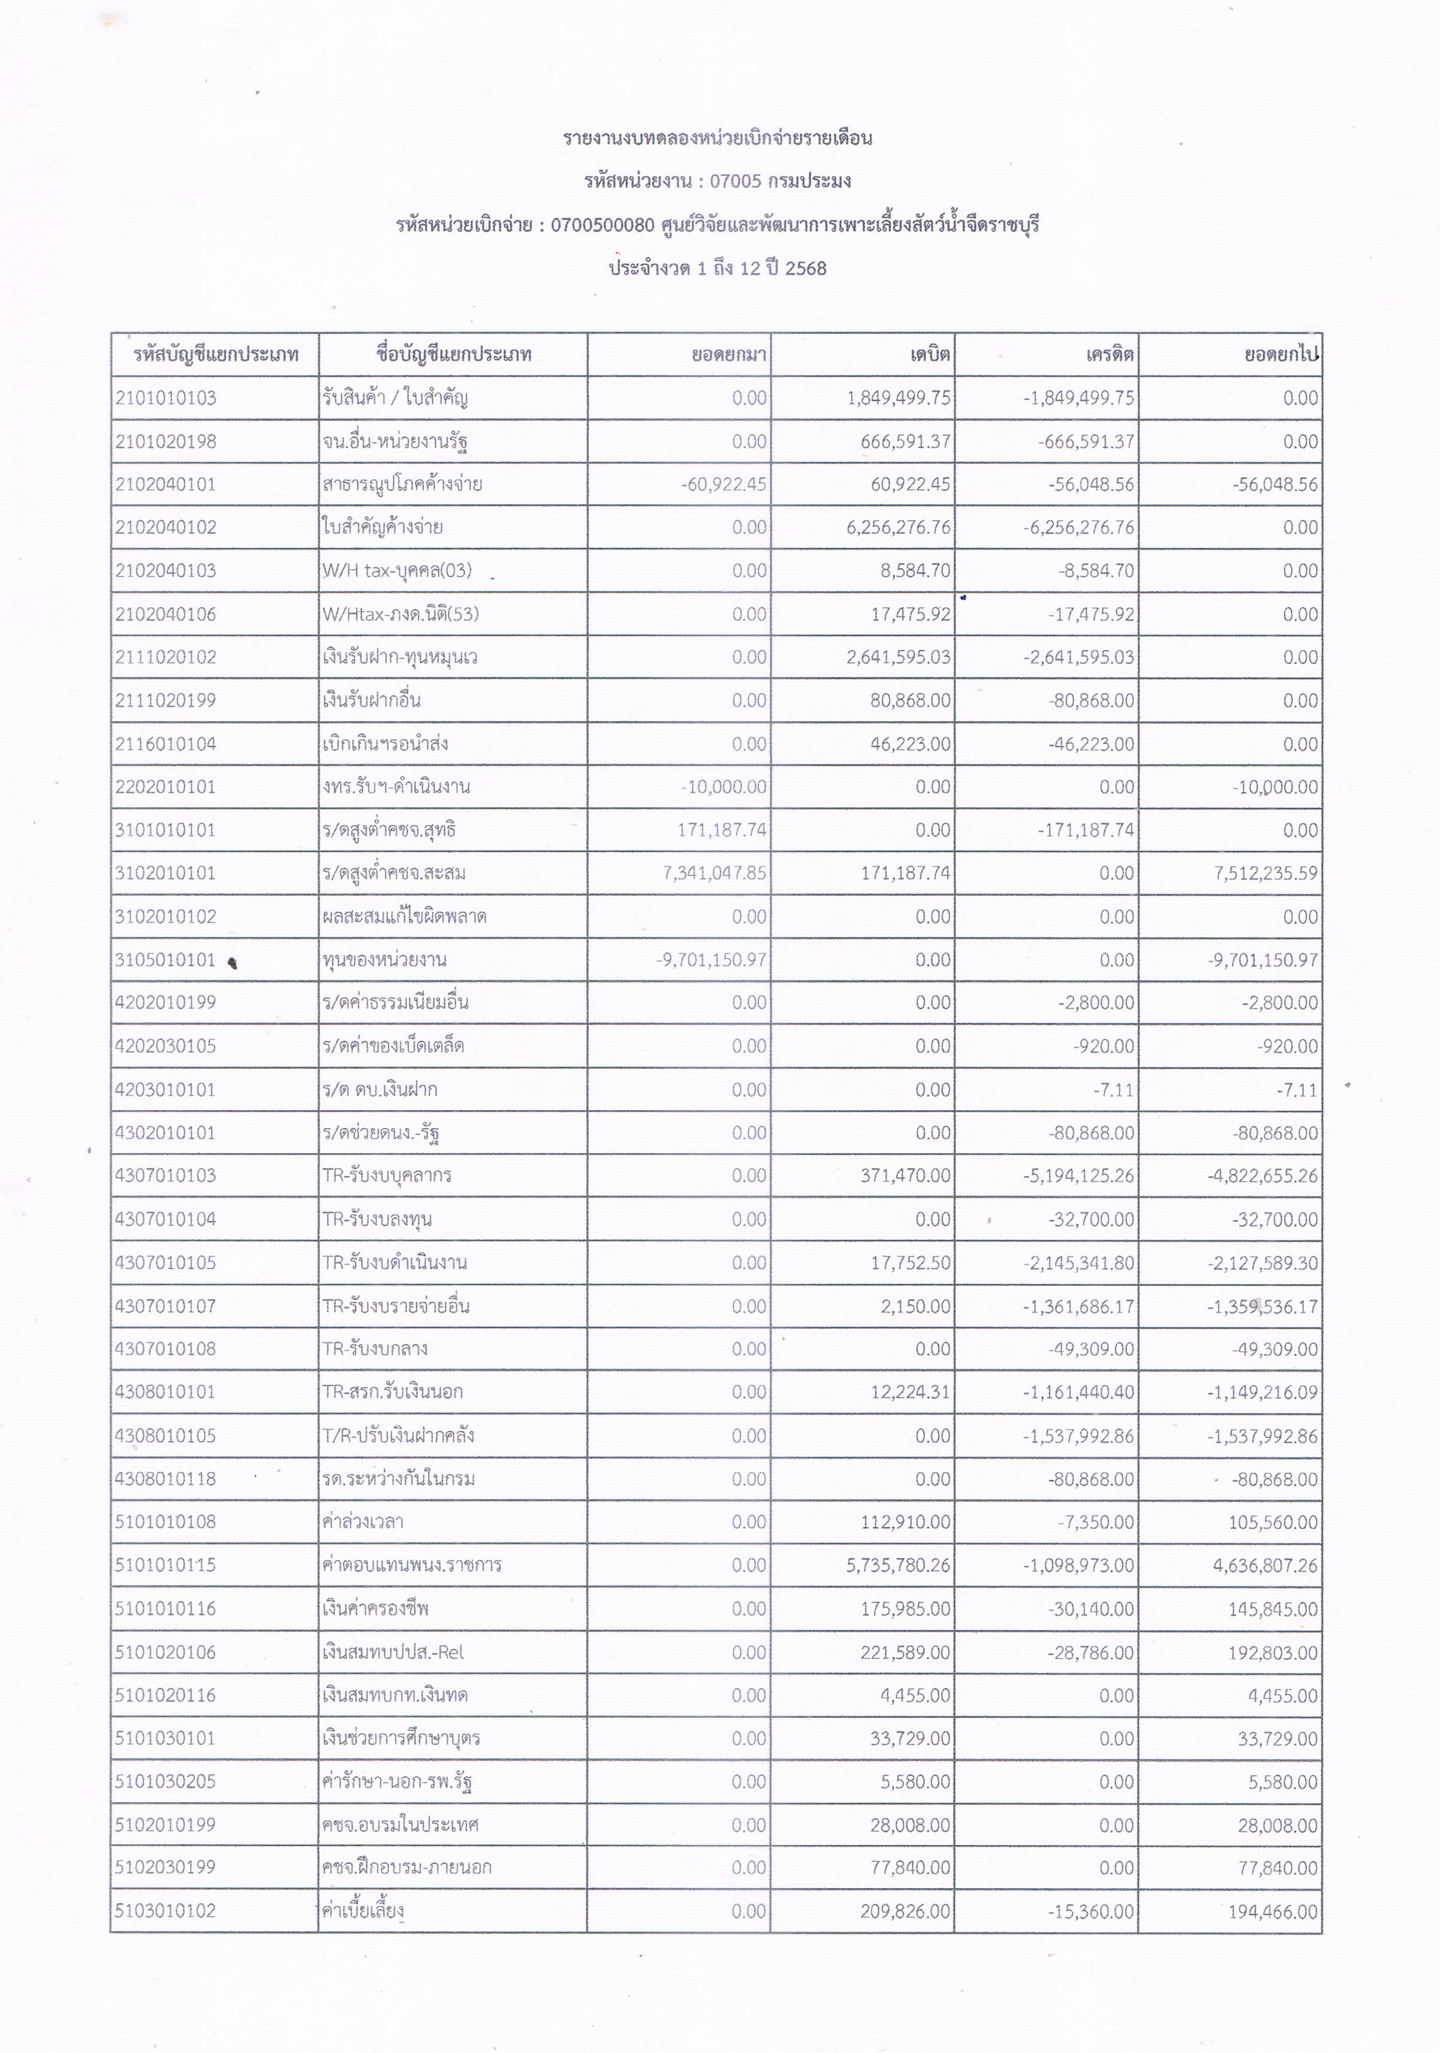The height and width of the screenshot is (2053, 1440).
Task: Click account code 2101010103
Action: pos(166,398)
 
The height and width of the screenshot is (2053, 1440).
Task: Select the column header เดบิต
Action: pos(930,354)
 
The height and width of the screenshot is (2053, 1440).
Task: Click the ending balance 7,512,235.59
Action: pos(1265,873)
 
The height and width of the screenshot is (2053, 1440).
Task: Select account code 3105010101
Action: pos(166,960)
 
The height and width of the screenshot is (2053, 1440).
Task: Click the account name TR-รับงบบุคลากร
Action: pos(386,1175)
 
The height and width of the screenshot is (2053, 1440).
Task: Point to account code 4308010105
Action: pos(166,1435)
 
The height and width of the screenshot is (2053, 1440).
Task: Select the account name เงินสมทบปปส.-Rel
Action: pos(393,1651)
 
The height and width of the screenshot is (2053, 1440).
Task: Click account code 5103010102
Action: pos(166,1911)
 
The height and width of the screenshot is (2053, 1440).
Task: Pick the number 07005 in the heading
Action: pos(735,180)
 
